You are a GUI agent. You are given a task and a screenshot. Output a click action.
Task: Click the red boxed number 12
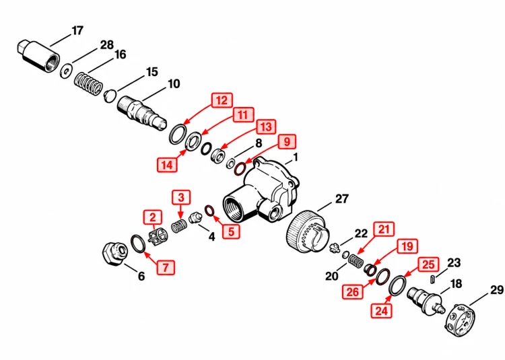(222, 100)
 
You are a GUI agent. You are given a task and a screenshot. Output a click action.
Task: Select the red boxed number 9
(287, 141)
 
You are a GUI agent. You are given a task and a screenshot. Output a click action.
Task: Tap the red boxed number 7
(166, 267)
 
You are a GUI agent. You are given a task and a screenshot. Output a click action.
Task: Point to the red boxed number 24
(381, 311)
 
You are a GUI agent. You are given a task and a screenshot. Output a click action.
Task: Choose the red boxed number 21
(384, 229)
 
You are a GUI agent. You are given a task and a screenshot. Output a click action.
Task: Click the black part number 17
(77, 31)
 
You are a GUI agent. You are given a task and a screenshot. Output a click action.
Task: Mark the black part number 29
(497, 290)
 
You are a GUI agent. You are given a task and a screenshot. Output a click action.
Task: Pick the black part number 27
(341, 199)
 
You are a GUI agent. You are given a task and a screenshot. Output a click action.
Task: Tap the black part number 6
(141, 276)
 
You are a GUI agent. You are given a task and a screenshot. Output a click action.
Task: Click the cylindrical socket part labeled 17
(38, 55)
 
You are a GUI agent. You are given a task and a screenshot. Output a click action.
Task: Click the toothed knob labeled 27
(308, 231)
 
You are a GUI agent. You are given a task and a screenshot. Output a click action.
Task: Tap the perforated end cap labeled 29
(461, 320)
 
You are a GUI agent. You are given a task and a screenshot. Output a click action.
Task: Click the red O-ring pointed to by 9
(240, 169)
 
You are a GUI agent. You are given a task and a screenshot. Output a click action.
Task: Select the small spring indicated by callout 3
(178, 226)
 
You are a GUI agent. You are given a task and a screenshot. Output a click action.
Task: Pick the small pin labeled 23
(433, 279)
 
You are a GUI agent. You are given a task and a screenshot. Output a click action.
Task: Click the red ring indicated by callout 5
(210, 211)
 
